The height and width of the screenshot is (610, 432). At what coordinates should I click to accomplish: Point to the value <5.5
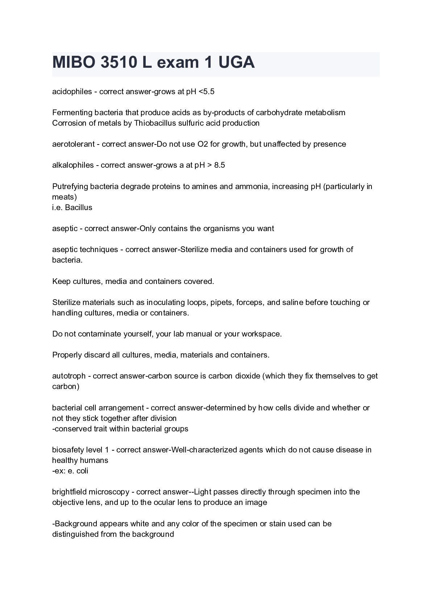[x=207, y=92]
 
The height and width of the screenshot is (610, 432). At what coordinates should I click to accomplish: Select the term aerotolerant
[x=74, y=144]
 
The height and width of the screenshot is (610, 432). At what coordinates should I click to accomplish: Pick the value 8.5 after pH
[x=220, y=165]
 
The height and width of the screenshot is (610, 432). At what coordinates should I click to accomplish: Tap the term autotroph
[x=69, y=376]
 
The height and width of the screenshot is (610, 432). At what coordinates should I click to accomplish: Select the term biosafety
[x=67, y=450]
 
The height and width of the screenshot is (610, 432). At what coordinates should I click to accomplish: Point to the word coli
[x=82, y=471]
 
